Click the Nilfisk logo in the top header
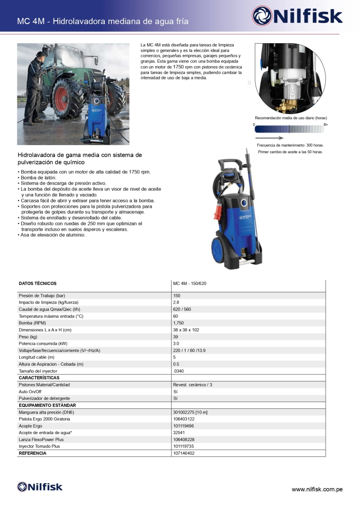coord(297,16)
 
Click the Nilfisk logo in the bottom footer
coord(39,487)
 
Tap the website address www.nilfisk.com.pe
coord(317,489)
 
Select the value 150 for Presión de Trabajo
coord(177,296)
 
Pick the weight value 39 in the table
coord(176,337)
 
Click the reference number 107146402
coord(184,453)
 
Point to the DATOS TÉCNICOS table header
coord(37,283)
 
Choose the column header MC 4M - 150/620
coord(190,283)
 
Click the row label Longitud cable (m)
coord(36,357)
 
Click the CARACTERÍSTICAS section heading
coord(39,378)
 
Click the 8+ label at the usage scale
coord(326,125)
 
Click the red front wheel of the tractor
coord(67,99)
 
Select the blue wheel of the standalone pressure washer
coord(219,253)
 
